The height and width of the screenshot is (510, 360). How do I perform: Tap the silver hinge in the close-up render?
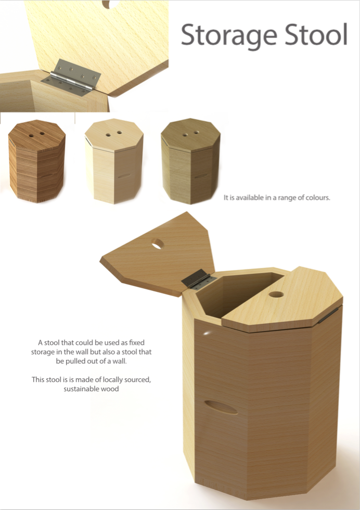click(x=71, y=78)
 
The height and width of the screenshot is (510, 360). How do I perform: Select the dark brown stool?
click(x=37, y=161)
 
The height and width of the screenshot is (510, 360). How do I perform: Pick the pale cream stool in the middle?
click(x=114, y=161)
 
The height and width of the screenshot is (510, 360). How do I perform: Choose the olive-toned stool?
click(x=190, y=161)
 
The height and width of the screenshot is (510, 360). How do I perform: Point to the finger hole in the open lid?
click(x=158, y=244)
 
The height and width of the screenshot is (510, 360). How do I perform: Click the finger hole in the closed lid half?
click(x=276, y=295)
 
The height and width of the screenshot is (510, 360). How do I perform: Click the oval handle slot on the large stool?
click(x=221, y=407)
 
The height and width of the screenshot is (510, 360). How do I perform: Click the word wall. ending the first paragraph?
click(x=120, y=361)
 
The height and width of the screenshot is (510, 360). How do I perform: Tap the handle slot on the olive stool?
click(x=201, y=176)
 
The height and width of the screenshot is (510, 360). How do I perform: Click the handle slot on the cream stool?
click(x=124, y=176)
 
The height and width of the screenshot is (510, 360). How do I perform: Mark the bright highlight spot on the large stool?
click(x=207, y=333)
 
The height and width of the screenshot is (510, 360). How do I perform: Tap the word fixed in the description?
click(x=137, y=342)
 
